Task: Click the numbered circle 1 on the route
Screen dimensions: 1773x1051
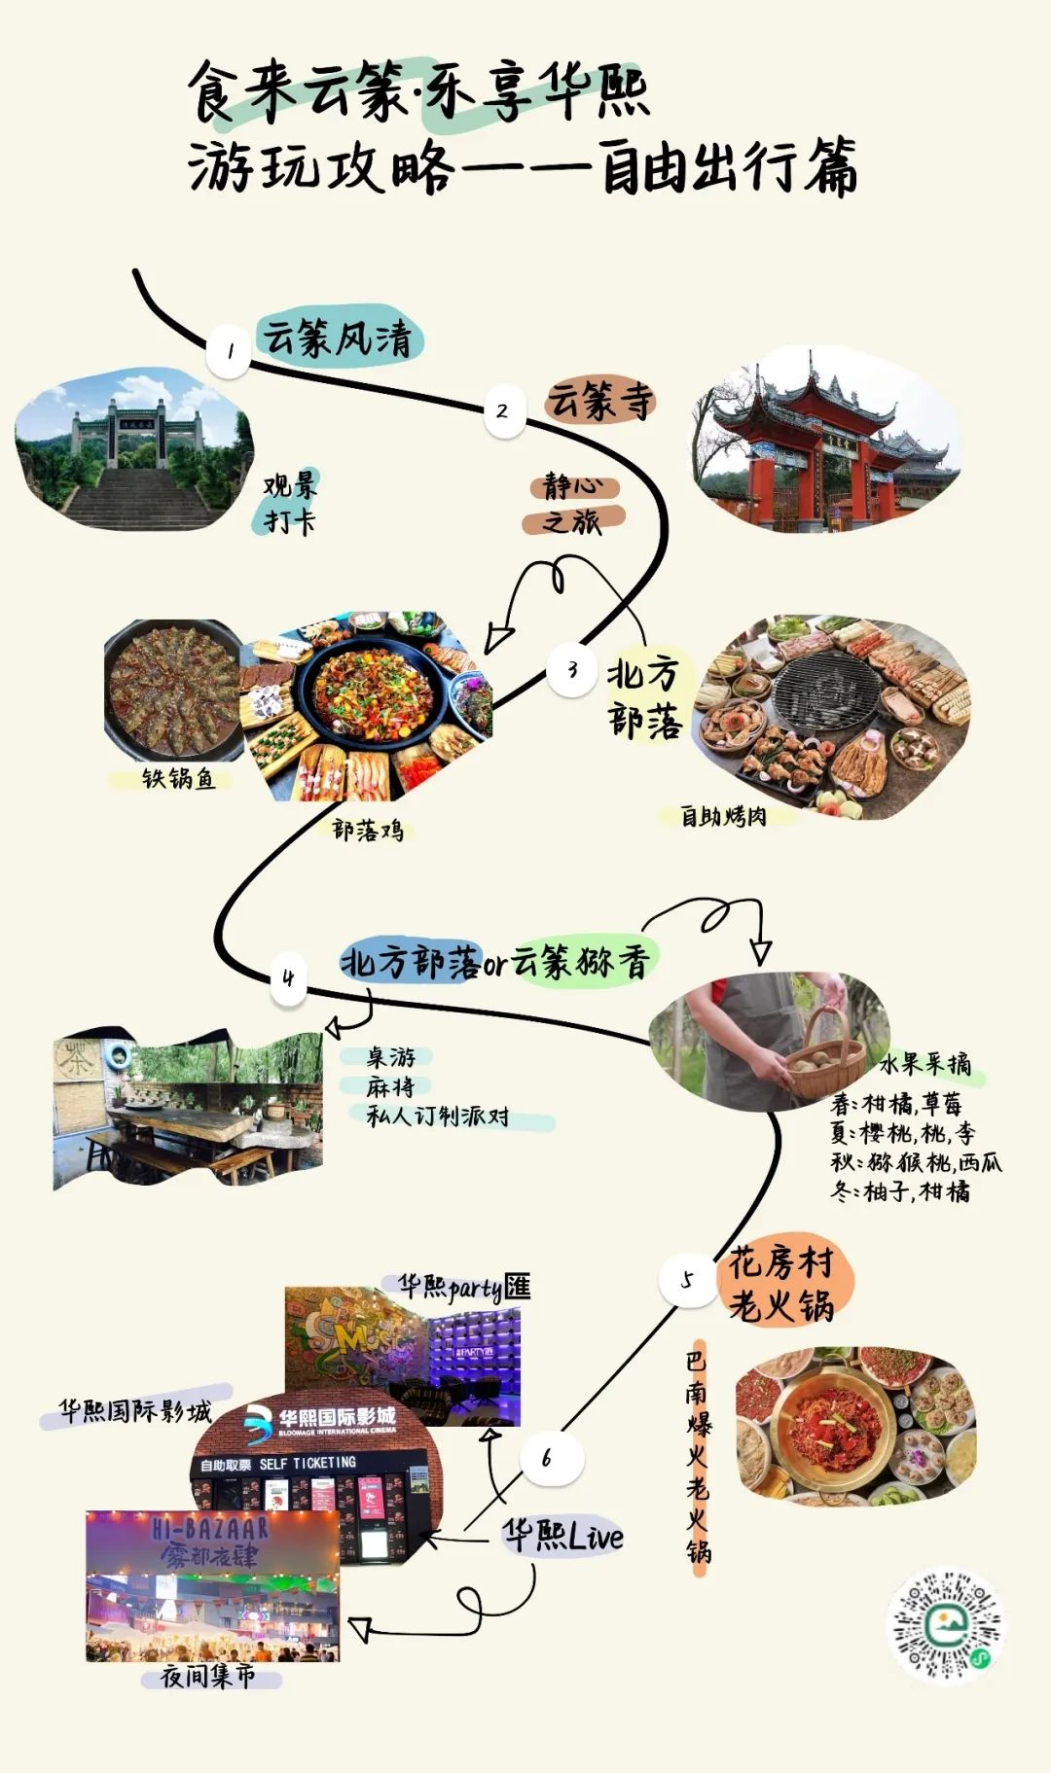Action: [x=230, y=350]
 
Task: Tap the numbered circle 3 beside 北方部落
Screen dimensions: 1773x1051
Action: [x=571, y=669]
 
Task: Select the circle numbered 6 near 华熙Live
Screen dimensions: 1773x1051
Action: [x=547, y=1458]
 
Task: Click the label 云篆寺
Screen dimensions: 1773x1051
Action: [x=599, y=400]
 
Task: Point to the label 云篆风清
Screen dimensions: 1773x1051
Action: [x=338, y=337]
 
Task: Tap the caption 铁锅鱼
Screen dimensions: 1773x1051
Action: [x=178, y=778]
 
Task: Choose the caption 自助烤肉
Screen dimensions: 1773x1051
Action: [x=723, y=816]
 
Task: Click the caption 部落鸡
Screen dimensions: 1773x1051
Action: [x=367, y=830]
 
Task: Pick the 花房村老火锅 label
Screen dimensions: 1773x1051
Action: [x=781, y=1284]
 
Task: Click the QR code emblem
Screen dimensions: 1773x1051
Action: [x=945, y=1625]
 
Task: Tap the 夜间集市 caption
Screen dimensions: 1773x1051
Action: [x=207, y=1676]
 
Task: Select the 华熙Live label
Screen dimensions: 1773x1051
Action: [x=562, y=1536]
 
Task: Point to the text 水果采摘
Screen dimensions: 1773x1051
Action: [x=924, y=1063]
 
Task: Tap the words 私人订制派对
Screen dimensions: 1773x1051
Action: [x=437, y=1116]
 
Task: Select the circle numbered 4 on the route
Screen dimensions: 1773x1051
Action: [x=288, y=977]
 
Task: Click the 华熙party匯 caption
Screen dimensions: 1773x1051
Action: [x=464, y=1287]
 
